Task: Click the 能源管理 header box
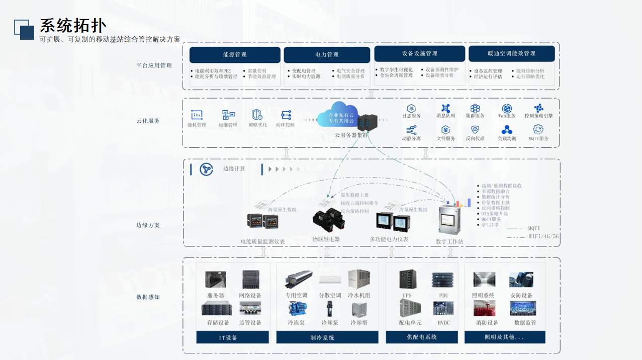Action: (x=235, y=55)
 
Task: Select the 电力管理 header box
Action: (x=327, y=55)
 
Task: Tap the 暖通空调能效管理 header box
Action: (x=511, y=54)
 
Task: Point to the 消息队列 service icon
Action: (x=445, y=109)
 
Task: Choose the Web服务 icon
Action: (x=507, y=109)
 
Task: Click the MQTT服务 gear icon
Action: (x=538, y=130)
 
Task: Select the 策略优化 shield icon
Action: (x=257, y=115)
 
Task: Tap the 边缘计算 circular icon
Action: (x=206, y=169)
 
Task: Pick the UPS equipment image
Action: (x=408, y=280)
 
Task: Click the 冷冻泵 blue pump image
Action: (x=296, y=308)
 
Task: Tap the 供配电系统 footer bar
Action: (x=422, y=337)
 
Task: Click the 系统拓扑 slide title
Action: (x=73, y=26)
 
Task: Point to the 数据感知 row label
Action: (x=148, y=297)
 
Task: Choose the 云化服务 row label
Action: (x=148, y=121)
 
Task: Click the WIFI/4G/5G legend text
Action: (x=543, y=236)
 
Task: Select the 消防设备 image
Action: (x=484, y=308)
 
